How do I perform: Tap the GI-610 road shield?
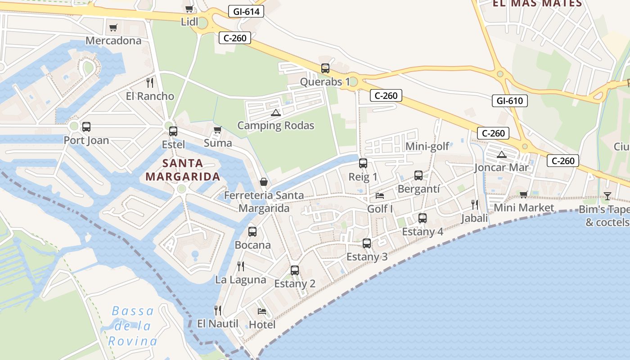click(x=509, y=101)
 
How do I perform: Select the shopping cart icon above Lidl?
click(x=189, y=9)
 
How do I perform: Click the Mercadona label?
click(x=113, y=40)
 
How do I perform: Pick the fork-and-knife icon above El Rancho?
click(x=150, y=83)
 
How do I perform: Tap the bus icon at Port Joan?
click(x=86, y=127)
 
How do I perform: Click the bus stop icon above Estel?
click(x=173, y=131)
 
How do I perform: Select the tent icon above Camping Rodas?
click(x=276, y=112)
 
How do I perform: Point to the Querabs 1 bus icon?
click(x=325, y=68)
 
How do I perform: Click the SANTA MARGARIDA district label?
click(x=183, y=170)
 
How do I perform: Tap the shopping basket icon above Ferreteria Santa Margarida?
click(x=264, y=182)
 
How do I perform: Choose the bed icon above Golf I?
click(x=380, y=196)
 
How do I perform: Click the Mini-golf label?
click(x=427, y=146)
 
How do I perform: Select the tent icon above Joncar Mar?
click(x=501, y=155)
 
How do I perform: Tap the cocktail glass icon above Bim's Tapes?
click(x=607, y=196)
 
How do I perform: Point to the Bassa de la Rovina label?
click(x=133, y=326)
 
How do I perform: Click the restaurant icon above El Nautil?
click(x=218, y=310)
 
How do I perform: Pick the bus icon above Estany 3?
click(x=367, y=243)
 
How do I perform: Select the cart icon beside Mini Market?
click(x=523, y=194)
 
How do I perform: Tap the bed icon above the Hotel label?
click(x=262, y=311)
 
